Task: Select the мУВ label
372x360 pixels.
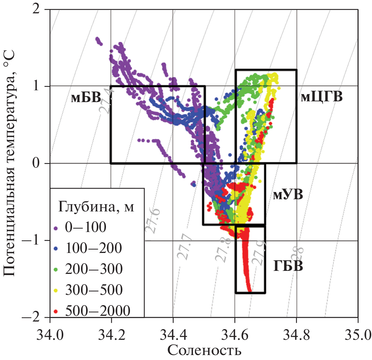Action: click(288, 195)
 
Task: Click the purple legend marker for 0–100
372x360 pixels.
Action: click(56, 228)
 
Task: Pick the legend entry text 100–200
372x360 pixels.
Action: click(94, 248)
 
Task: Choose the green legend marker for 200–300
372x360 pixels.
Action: click(56, 269)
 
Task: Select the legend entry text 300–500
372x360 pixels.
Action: click(94, 290)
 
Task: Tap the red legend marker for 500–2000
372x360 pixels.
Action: click(56, 311)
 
